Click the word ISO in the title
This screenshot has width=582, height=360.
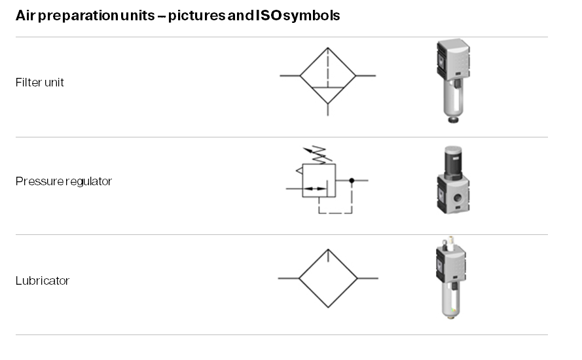click(268, 15)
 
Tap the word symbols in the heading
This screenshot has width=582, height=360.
click(312, 16)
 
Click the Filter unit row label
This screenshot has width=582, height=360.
click(40, 82)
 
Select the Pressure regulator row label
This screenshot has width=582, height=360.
click(64, 181)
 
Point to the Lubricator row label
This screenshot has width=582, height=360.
click(43, 281)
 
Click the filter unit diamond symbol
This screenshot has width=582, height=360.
click(300, 76)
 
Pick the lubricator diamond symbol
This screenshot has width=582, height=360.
click(299, 278)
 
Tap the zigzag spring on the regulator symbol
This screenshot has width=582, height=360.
click(318, 155)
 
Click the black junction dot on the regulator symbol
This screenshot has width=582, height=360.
click(352, 181)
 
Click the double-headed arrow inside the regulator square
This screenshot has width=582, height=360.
click(314, 189)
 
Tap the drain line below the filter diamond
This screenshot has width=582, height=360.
click(328, 110)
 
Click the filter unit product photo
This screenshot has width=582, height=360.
click(453, 81)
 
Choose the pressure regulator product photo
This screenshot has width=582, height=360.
click(453, 179)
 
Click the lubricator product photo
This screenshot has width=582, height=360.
click(451, 278)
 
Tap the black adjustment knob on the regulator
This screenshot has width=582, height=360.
click(453, 162)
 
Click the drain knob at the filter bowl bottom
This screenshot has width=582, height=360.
click(453, 120)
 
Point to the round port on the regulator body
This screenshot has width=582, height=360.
click(458, 198)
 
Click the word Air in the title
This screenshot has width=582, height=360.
click(26, 16)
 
